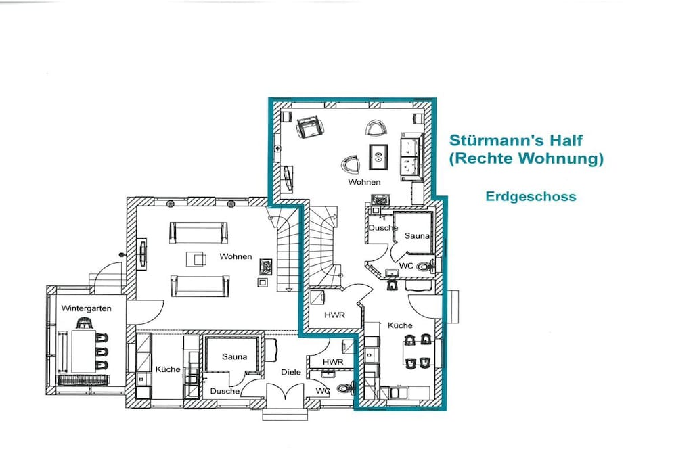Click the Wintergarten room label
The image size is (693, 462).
[86, 308]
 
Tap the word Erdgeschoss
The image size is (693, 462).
[531, 196]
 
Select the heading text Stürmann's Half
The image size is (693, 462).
[516, 141]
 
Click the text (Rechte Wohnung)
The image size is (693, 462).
[526, 158]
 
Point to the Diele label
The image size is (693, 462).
[291, 372]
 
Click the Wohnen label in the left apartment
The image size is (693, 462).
[236, 256]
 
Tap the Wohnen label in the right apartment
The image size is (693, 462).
[364, 181]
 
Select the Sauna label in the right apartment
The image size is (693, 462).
[417, 236]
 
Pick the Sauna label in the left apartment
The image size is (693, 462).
[234, 356]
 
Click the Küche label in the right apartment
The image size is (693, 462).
[400, 325]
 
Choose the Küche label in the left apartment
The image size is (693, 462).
[168, 369]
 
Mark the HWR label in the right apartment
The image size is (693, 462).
[334, 315]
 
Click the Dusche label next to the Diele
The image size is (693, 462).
[225, 391]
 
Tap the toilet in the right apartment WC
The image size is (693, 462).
[424, 267]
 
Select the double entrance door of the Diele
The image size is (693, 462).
[286, 392]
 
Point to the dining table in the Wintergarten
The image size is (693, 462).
[84, 351]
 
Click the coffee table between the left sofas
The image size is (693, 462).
[196, 258]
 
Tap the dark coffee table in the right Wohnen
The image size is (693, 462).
[379, 156]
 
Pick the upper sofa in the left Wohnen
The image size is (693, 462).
[199, 232]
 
